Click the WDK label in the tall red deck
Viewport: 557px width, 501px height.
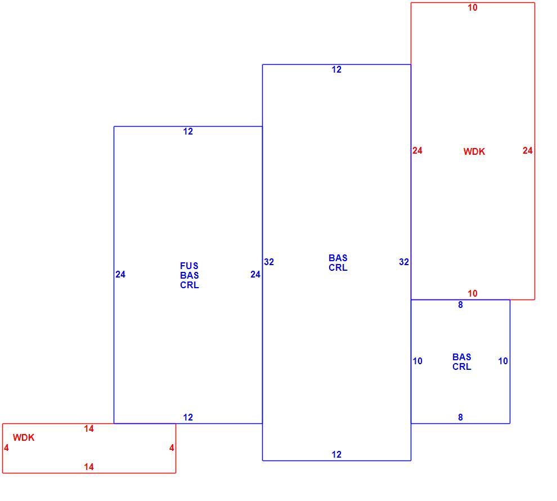click(x=474, y=151)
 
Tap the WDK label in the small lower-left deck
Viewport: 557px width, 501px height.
click(x=24, y=437)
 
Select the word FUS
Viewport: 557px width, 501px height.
click(x=189, y=266)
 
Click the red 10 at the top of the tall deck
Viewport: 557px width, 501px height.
click(x=473, y=7)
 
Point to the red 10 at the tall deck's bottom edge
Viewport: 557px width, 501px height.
click(x=473, y=293)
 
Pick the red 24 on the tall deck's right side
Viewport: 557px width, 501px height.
click(x=528, y=151)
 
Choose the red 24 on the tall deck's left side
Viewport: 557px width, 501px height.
click(x=417, y=151)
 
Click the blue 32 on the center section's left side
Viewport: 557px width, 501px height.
click(x=269, y=262)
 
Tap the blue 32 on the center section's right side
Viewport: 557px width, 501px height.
click(x=404, y=262)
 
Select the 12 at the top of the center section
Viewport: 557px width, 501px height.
click(x=336, y=69)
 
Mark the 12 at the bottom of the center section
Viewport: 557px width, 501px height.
click(x=336, y=454)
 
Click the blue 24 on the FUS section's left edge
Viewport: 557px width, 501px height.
click(x=120, y=274)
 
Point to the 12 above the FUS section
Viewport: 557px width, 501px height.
click(x=188, y=132)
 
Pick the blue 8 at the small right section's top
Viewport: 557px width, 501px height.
click(x=460, y=305)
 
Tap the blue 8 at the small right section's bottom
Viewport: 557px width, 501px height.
click(x=460, y=417)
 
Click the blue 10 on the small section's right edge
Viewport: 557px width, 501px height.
click(x=503, y=361)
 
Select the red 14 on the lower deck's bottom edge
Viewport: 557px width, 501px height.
click(x=89, y=467)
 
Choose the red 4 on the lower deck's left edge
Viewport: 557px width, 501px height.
click(x=6, y=448)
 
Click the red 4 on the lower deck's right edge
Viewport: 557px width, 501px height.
click(x=172, y=448)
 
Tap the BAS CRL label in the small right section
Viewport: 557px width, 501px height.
click(x=462, y=362)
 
